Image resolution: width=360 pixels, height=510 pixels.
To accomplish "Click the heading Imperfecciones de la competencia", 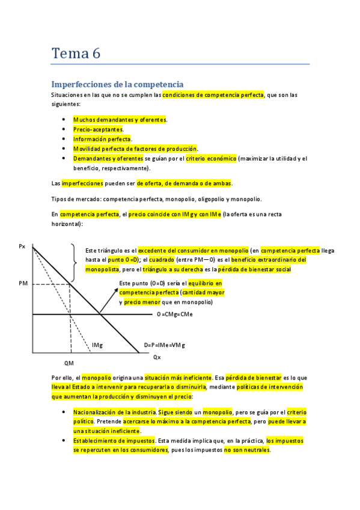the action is [x=117, y=84].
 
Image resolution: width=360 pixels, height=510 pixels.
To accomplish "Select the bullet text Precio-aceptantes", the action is [x=98, y=129].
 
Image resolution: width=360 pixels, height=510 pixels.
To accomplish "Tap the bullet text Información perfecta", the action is [x=102, y=139].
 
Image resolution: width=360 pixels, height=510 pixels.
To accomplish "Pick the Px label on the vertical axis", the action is [x=22, y=246].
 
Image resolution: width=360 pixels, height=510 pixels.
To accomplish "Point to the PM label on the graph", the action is [x=23, y=283].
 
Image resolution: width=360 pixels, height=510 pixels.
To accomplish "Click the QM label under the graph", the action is [x=69, y=363].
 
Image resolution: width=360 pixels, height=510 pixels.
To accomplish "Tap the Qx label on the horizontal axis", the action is [x=157, y=357].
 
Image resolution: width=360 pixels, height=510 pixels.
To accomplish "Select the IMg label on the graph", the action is [x=97, y=345].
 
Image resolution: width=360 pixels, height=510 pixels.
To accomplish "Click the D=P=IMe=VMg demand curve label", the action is [x=164, y=345].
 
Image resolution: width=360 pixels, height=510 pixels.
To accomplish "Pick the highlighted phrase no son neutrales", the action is [x=247, y=449].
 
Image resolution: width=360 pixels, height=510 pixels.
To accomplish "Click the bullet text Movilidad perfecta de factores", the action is [x=135, y=149].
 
